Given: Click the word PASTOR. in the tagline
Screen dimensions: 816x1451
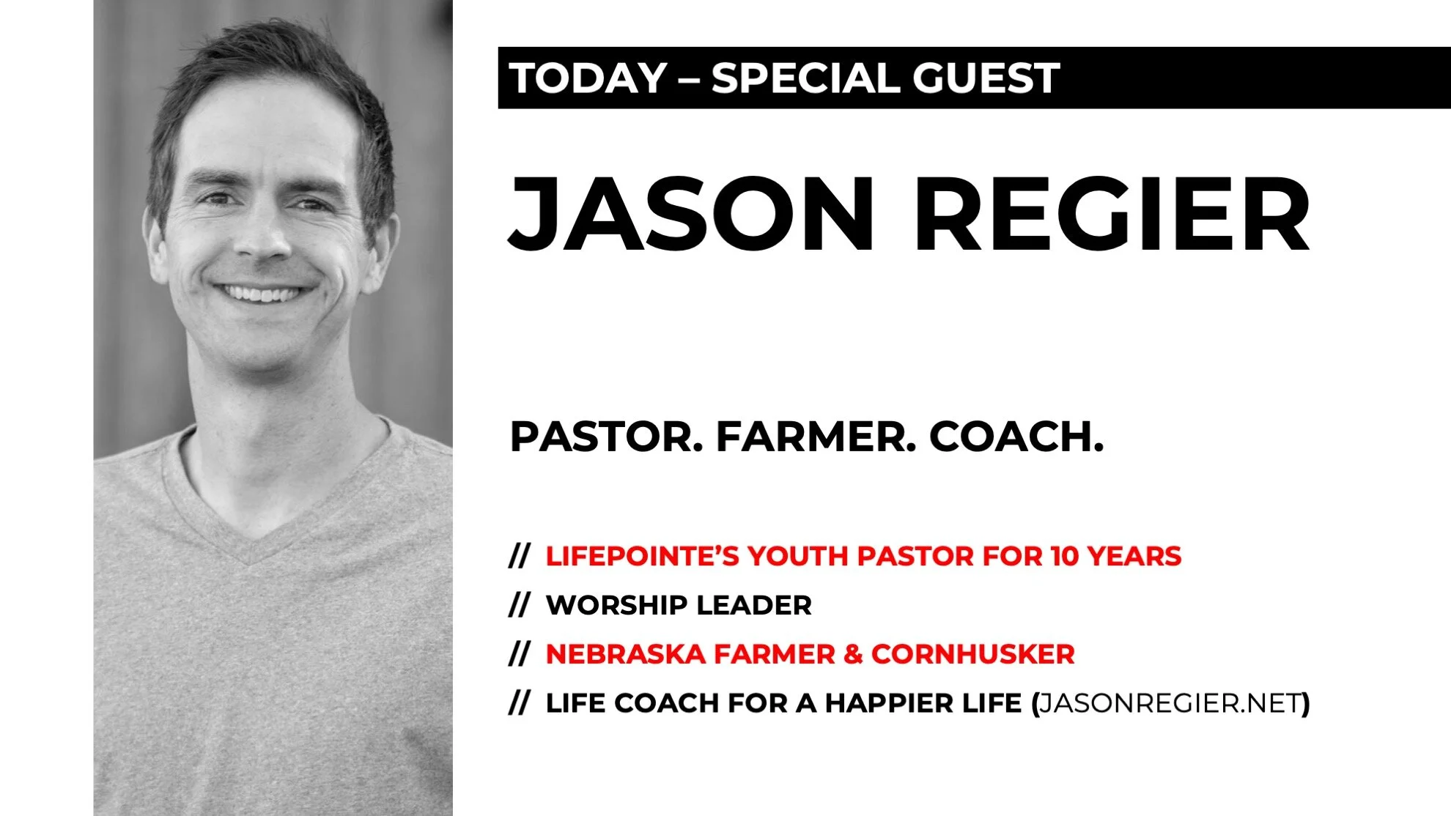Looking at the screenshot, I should (x=605, y=437).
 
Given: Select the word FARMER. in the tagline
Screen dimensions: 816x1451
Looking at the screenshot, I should (x=816, y=437).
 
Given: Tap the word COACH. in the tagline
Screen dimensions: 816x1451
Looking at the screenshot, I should (x=1016, y=437).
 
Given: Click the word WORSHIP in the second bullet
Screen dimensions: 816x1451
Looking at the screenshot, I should (x=616, y=606).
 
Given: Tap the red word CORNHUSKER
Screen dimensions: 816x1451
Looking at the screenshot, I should (x=972, y=655).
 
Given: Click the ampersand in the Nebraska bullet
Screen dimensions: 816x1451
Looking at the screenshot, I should (x=853, y=655).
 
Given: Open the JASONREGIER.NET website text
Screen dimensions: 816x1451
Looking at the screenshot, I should (x=1170, y=704).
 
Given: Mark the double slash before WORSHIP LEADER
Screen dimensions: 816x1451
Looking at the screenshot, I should (x=519, y=606).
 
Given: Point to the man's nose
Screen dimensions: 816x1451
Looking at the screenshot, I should (x=262, y=238).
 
